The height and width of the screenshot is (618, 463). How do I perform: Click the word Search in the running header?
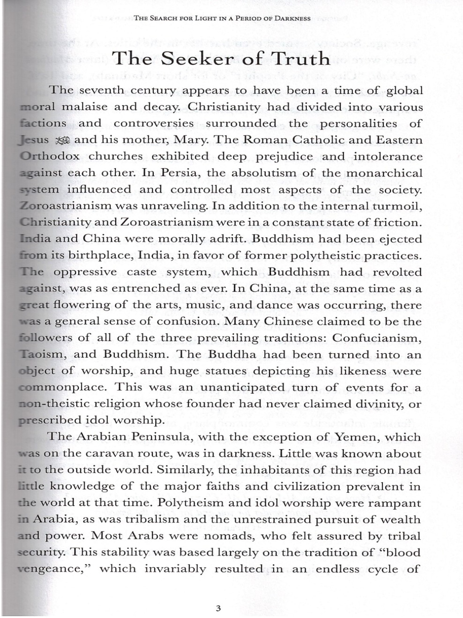167,19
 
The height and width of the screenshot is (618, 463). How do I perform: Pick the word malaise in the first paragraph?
85,107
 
